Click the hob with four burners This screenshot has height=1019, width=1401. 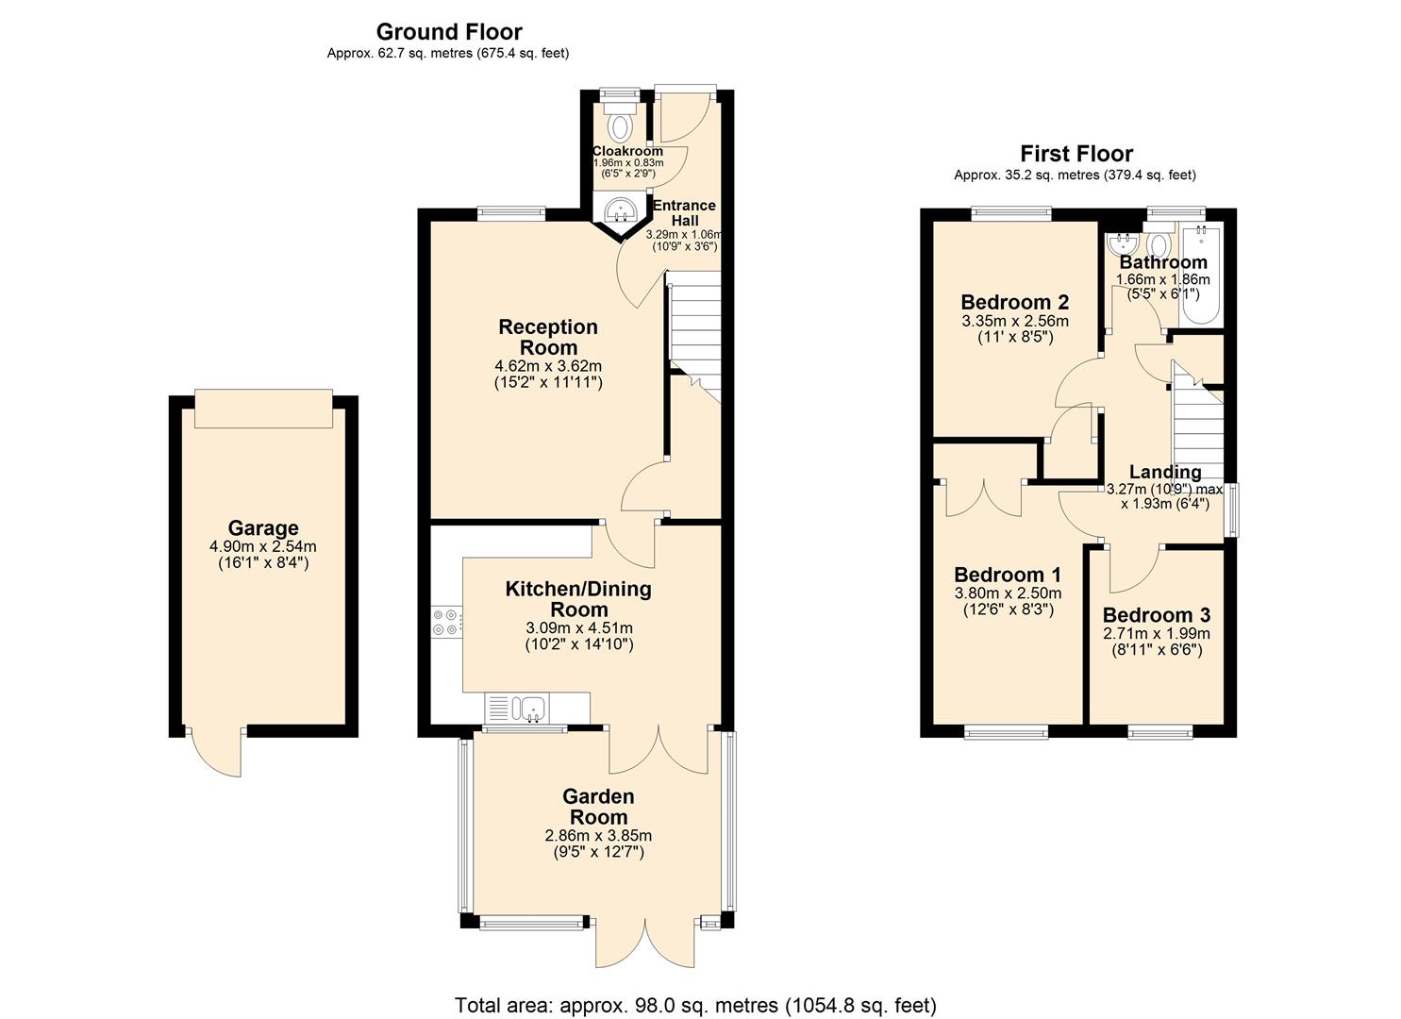(445, 621)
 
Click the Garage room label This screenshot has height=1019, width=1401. (263, 528)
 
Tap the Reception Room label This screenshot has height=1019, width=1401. (548, 337)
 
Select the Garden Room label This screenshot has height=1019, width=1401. (598, 807)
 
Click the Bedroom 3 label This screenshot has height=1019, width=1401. (1156, 615)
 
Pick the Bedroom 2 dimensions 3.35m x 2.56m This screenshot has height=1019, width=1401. (1014, 321)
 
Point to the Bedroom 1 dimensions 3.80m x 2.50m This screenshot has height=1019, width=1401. (1008, 593)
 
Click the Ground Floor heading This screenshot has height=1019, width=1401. (448, 32)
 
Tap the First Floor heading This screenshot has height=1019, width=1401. (1076, 154)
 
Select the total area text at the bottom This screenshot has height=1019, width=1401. (695, 1005)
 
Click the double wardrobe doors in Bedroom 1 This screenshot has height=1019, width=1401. (983, 497)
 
